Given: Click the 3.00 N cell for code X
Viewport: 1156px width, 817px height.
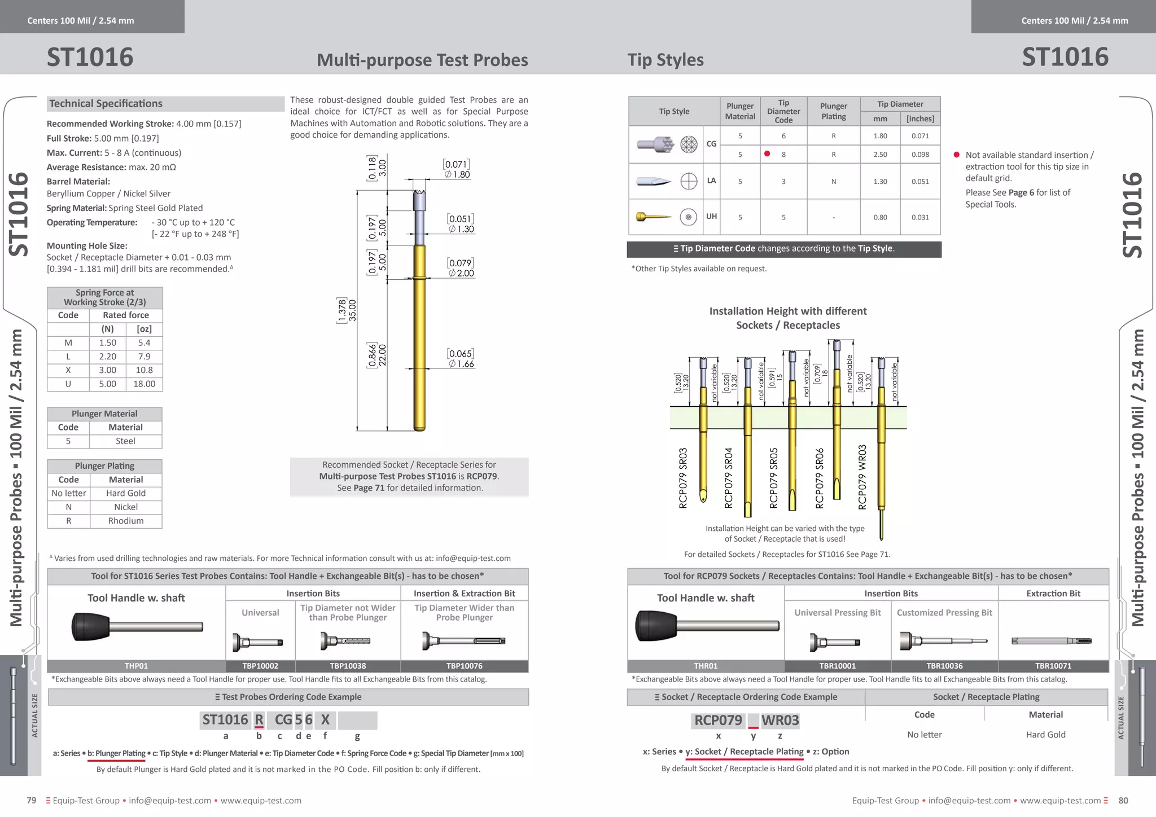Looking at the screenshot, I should pyautogui.click(x=107, y=370).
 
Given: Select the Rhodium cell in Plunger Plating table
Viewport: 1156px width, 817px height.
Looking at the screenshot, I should pyautogui.click(x=126, y=521).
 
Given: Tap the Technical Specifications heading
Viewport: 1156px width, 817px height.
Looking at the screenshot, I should pyautogui.click(x=106, y=104).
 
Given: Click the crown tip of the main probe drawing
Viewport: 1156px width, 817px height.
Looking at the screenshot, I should pyautogui.click(x=419, y=199).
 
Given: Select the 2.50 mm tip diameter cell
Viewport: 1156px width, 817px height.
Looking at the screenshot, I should pyautogui.click(x=880, y=154).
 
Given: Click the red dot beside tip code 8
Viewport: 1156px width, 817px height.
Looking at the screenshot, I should pyautogui.click(x=767, y=153).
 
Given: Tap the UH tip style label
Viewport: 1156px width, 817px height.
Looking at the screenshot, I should pyautogui.click(x=711, y=216).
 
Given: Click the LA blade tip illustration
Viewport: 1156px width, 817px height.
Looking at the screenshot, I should pyautogui.click(x=653, y=182).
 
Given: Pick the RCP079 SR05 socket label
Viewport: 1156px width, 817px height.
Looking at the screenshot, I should pyautogui.click(x=774, y=478).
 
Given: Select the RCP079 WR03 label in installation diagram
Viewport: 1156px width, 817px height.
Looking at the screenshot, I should pyautogui.click(x=862, y=477).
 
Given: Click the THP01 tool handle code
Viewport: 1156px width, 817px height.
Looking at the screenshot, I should pyautogui.click(x=136, y=666).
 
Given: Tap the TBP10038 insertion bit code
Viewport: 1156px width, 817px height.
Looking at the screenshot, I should pyautogui.click(x=348, y=666).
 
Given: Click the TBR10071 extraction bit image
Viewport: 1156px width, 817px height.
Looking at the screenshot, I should pyautogui.click(x=1052, y=641).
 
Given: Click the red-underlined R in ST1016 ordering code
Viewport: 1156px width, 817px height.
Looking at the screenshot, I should pyautogui.click(x=259, y=720).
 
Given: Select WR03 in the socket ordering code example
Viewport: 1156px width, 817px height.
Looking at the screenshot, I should pyautogui.click(x=780, y=721).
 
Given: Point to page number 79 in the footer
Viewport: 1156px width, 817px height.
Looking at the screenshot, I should pyautogui.click(x=32, y=800).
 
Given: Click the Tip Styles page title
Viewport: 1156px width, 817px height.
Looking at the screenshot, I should pyautogui.click(x=665, y=60).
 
